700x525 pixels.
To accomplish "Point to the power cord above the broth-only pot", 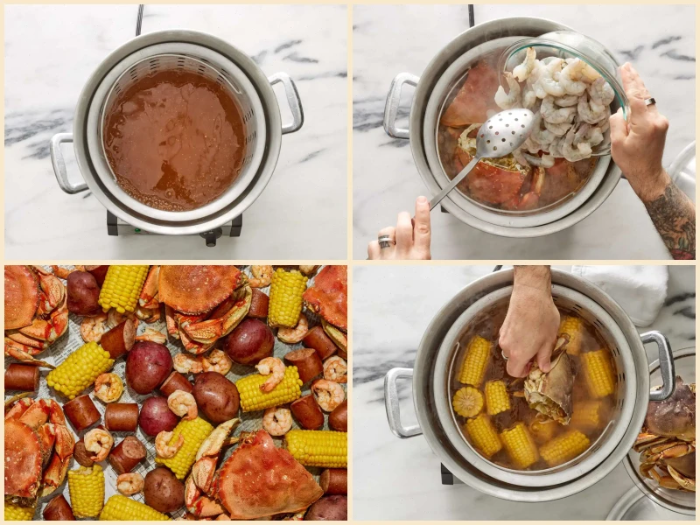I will pos(138,19).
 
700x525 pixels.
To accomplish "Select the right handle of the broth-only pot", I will pos(289,101).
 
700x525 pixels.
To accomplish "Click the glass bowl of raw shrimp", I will pos(564,96).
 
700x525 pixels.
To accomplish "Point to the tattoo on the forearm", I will pos(674,219).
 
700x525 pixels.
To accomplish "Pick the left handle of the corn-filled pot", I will pos(402,402).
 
